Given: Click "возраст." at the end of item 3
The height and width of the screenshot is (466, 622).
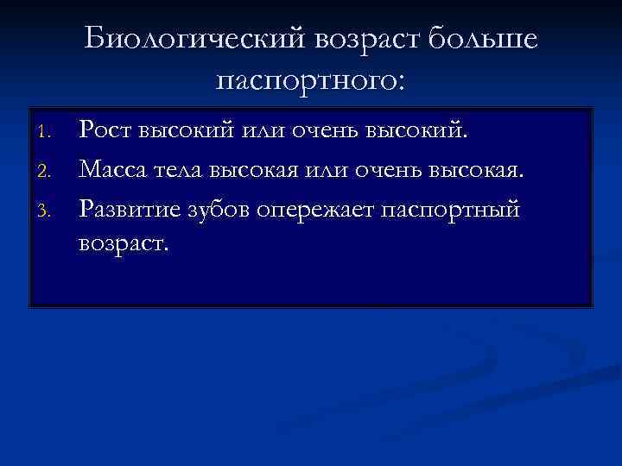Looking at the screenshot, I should coord(125,244).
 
